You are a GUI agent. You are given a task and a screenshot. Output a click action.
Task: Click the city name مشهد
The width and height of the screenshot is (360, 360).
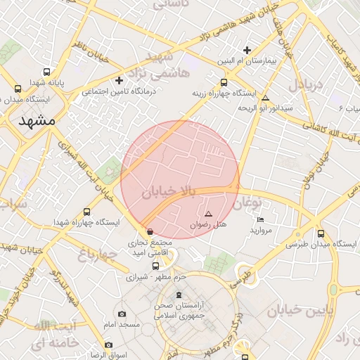(x=32, y=120)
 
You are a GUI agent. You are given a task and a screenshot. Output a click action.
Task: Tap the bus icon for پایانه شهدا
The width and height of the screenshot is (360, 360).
(x=47, y=72)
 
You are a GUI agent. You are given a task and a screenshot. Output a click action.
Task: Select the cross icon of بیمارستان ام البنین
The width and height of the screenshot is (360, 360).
(x=247, y=50)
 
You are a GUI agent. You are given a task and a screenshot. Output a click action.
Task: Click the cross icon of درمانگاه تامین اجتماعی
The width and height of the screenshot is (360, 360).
(x=119, y=80)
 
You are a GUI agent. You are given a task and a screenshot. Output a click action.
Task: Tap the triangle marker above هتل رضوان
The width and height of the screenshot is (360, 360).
(x=207, y=214)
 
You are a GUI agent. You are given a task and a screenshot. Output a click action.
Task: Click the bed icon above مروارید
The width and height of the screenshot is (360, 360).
(x=261, y=220)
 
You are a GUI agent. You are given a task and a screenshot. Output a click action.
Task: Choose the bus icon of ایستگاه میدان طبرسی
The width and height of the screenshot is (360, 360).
(x=321, y=233)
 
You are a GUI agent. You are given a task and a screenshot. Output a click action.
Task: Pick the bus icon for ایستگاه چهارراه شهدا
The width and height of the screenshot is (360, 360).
(x=87, y=212)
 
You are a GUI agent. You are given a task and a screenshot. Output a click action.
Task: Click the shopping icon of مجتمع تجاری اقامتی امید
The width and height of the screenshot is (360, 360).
(x=150, y=232)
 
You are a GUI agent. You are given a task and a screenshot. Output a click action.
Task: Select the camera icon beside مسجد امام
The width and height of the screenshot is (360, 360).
(x=122, y=314)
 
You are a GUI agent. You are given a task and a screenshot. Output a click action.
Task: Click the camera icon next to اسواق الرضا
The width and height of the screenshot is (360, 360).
(x=108, y=345)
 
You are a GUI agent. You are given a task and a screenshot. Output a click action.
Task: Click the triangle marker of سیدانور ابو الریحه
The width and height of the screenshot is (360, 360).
(x=265, y=98)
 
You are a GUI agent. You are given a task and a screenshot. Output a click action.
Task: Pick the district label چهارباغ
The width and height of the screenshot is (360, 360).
(x=96, y=257)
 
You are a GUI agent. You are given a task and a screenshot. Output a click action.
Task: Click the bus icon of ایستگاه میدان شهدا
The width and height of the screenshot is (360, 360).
(x=18, y=89)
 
